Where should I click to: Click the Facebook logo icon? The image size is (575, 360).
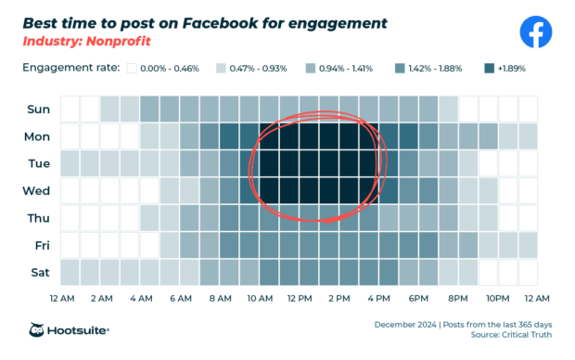(x=535, y=33)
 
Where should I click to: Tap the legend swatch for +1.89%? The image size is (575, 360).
(x=489, y=68)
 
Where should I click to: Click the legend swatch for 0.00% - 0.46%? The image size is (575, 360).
(x=133, y=68)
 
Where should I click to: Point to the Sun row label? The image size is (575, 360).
(x=38, y=109)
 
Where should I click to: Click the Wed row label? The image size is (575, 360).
(x=38, y=191)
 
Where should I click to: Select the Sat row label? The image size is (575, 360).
(x=38, y=273)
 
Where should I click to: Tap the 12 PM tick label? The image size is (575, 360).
(x=300, y=299)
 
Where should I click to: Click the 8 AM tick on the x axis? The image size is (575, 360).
(x=220, y=299)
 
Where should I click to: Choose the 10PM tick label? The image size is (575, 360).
(x=498, y=299)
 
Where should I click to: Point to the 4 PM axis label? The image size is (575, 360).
(x=378, y=299)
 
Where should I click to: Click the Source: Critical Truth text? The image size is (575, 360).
(x=510, y=336)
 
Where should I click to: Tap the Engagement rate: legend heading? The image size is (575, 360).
(x=70, y=68)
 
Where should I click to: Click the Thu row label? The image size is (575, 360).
(x=38, y=218)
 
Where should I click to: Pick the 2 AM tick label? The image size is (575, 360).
(x=101, y=299)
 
